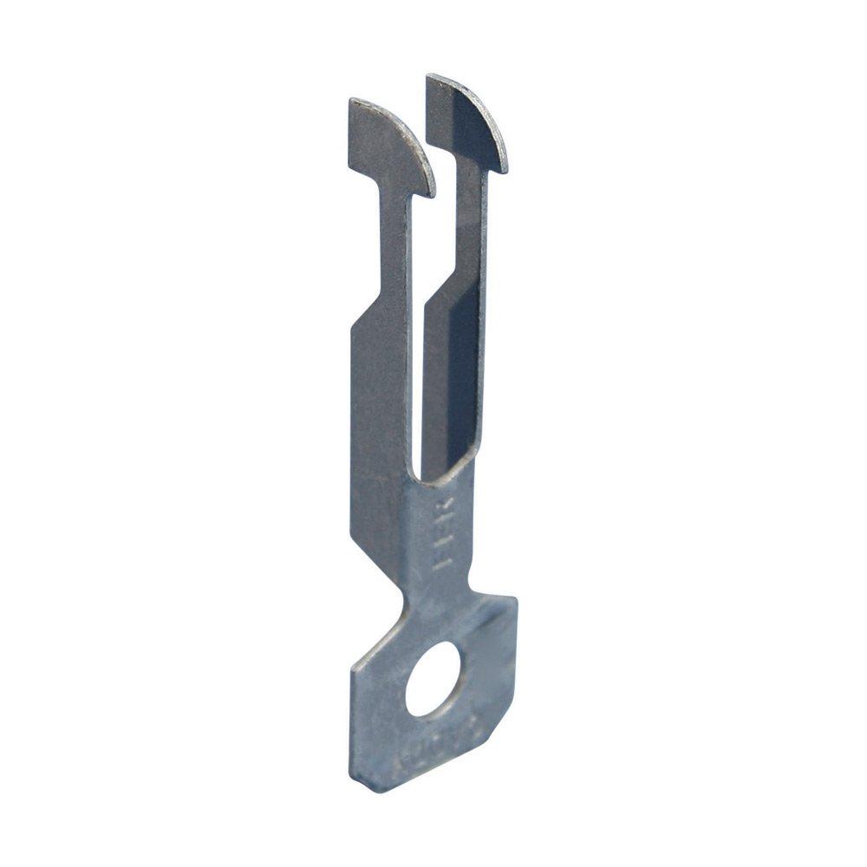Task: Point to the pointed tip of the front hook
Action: coord(431,193)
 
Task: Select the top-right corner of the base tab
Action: coord(513,600)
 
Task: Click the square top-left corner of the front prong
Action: coord(352,102)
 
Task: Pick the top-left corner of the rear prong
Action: coord(428,77)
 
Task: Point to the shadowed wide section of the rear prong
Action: coord(451,373)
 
